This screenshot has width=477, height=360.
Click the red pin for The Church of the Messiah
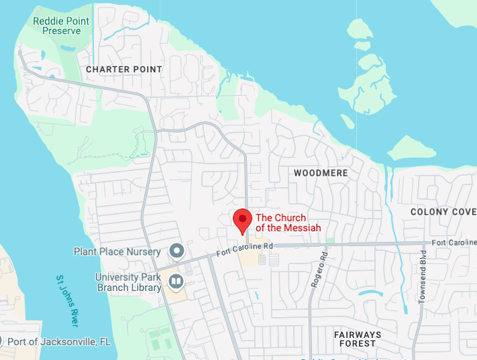pos(242,221)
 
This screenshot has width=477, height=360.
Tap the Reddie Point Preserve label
pos(61,25)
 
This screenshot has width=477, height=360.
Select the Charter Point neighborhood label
pos(124,69)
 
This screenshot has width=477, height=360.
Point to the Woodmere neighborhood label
pos(321,173)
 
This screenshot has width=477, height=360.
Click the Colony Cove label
pos(443,212)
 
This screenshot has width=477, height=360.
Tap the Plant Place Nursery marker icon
pos(176,251)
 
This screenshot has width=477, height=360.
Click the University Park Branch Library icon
pos(176,282)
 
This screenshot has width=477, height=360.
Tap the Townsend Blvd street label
pos(422,277)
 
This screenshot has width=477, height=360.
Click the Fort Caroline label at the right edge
pos(454,242)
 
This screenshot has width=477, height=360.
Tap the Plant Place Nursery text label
pos(117,251)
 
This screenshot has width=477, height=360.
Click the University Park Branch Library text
pos(128,282)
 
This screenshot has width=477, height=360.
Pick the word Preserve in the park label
pos(61,30)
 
